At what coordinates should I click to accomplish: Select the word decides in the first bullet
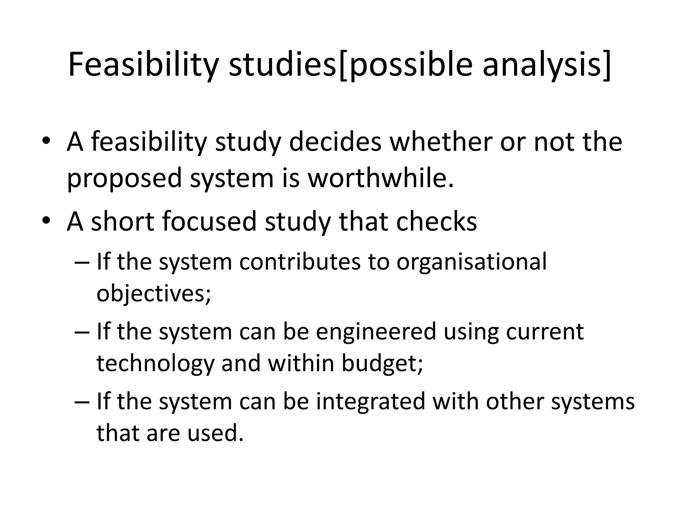(335, 142)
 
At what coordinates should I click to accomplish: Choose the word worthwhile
(380, 178)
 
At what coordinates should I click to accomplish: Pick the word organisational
(471, 262)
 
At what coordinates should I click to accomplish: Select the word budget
(382, 364)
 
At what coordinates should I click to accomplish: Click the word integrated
(371, 401)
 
